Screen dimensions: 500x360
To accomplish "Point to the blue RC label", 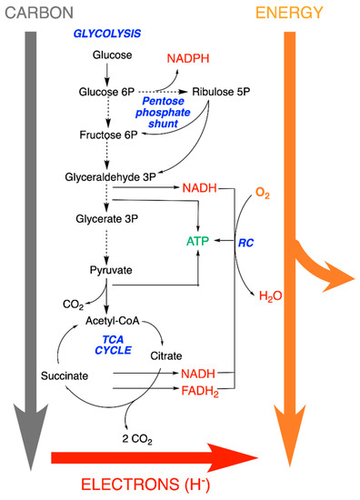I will pos(246,243).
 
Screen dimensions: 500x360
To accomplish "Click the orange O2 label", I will pos(262,194).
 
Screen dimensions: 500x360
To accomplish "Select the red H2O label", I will pos(270,295).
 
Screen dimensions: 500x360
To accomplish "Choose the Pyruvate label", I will pos(105,270).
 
